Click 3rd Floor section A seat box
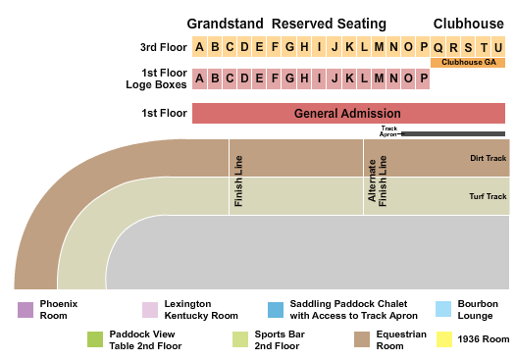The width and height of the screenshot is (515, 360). click(200, 47)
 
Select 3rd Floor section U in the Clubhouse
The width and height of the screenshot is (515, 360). click(497, 47)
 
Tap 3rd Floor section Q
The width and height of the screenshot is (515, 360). click(438, 47)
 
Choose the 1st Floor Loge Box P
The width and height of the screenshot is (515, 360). click(423, 78)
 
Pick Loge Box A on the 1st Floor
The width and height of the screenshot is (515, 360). click(200, 78)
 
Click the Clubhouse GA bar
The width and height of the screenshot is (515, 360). click(467, 63)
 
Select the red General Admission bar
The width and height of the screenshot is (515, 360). click(347, 114)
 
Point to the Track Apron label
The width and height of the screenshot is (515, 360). click(389, 131)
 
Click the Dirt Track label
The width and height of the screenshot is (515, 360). click(488, 157)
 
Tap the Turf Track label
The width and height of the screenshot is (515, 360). click(488, 196)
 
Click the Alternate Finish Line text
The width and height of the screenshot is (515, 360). click(378, 180)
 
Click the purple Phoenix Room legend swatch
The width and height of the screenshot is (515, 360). click(25, 310)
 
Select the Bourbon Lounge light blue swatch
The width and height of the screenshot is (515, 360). click(442, 310)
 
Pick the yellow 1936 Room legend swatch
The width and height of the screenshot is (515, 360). click(444, 339)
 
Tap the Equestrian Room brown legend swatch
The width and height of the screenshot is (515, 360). click(360, 339)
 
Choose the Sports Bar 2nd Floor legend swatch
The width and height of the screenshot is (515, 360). click(239, 339)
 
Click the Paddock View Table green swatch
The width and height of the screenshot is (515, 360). click(94, 339)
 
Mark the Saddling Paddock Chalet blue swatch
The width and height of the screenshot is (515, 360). click(275, 310)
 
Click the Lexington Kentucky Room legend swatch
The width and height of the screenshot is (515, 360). click(149, 310)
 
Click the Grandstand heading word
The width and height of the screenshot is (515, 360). click(225, 23)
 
